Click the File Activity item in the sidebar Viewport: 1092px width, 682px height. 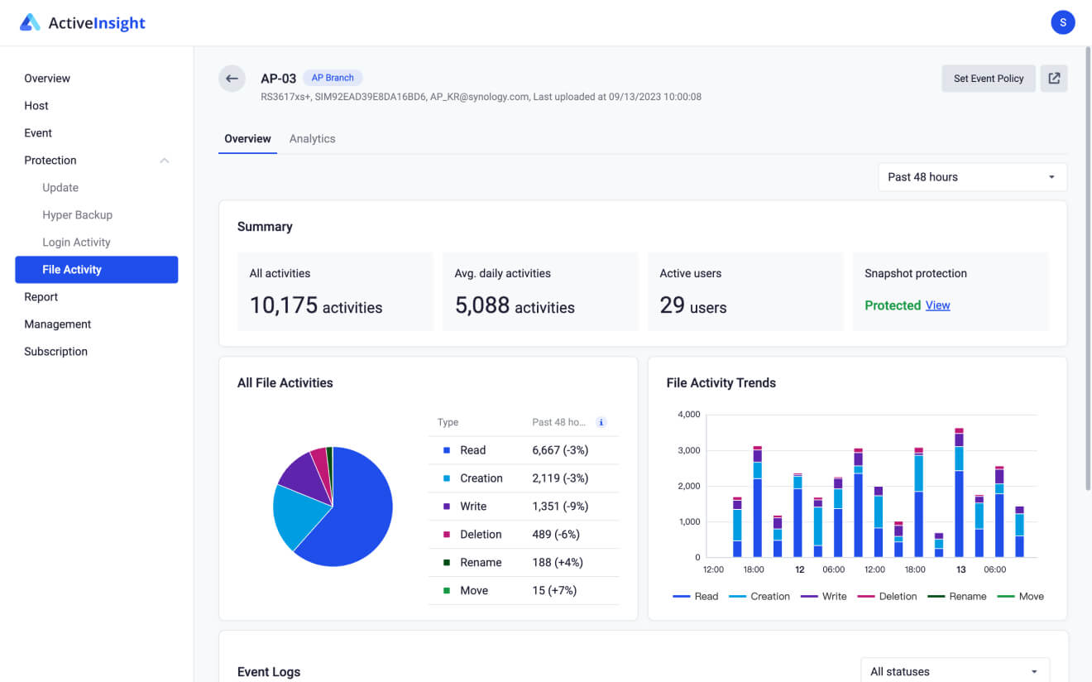(x=96, y=270)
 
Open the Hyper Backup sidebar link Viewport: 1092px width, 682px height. (x=77, y=215)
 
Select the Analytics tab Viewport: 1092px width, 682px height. (x=312, y=139)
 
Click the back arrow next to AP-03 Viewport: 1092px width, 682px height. (x=232, y=79)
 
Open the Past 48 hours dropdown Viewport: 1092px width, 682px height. (x=971, y=177)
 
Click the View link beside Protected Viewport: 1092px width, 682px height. (x=937, y=305)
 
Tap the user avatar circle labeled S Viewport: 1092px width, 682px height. (x=1062, y=22)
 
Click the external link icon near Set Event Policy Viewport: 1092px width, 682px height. (x=1054, y=79)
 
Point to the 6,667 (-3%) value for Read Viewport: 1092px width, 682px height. (x=560, y=450)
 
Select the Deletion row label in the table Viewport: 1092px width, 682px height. (x=481, y=535)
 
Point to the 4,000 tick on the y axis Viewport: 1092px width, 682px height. (x=688, y=414)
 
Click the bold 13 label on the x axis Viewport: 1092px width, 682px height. (x=960, y=569)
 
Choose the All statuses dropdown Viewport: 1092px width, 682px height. (x=954, y=671)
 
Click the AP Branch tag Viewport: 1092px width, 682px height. (x=333, y=78)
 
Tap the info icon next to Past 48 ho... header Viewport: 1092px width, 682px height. (x=601, y=422)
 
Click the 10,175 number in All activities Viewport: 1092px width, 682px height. (x=284, y=305)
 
